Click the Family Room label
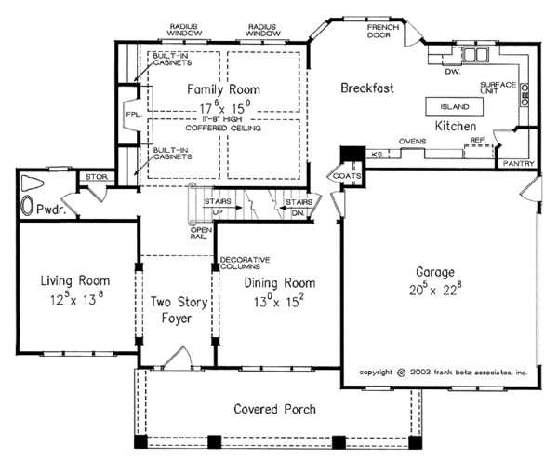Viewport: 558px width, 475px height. tap(223, 89)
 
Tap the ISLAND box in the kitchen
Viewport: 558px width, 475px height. tap(455, 107)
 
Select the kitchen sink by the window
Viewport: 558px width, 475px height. tap(475, 55)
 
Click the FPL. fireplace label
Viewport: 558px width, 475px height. tap(134, 115)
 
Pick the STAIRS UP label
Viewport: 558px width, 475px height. tap(218, 207)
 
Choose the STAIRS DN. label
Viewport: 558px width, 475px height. tap(299, 208)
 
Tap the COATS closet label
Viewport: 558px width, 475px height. tap(347, 176)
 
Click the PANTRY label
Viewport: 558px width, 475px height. tap(519, 164)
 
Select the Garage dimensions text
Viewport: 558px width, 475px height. tap(435, 290)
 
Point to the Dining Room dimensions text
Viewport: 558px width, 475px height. tap(279, 302)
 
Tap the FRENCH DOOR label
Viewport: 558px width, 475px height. tap(383, 32)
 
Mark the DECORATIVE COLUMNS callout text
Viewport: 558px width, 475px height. tap(246, 263)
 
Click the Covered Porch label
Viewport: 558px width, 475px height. tap(274, 409)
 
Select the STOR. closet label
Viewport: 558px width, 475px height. tap(97, 177)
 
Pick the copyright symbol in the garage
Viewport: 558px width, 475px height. tap(401, 373)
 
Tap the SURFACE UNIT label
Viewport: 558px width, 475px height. tap(498, 88)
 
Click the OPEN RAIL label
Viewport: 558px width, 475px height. tap(201, 234)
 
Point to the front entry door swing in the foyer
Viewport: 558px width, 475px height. tap(179, 357)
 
